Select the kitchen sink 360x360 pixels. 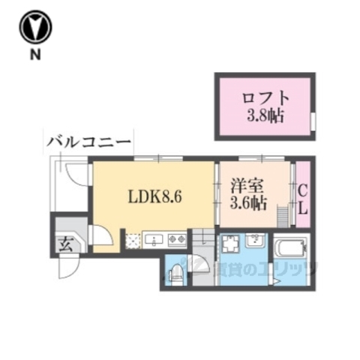[x=157, y=240]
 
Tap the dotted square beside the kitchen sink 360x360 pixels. [x=134, y=241]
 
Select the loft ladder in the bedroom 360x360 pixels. [x=283, y=215]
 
